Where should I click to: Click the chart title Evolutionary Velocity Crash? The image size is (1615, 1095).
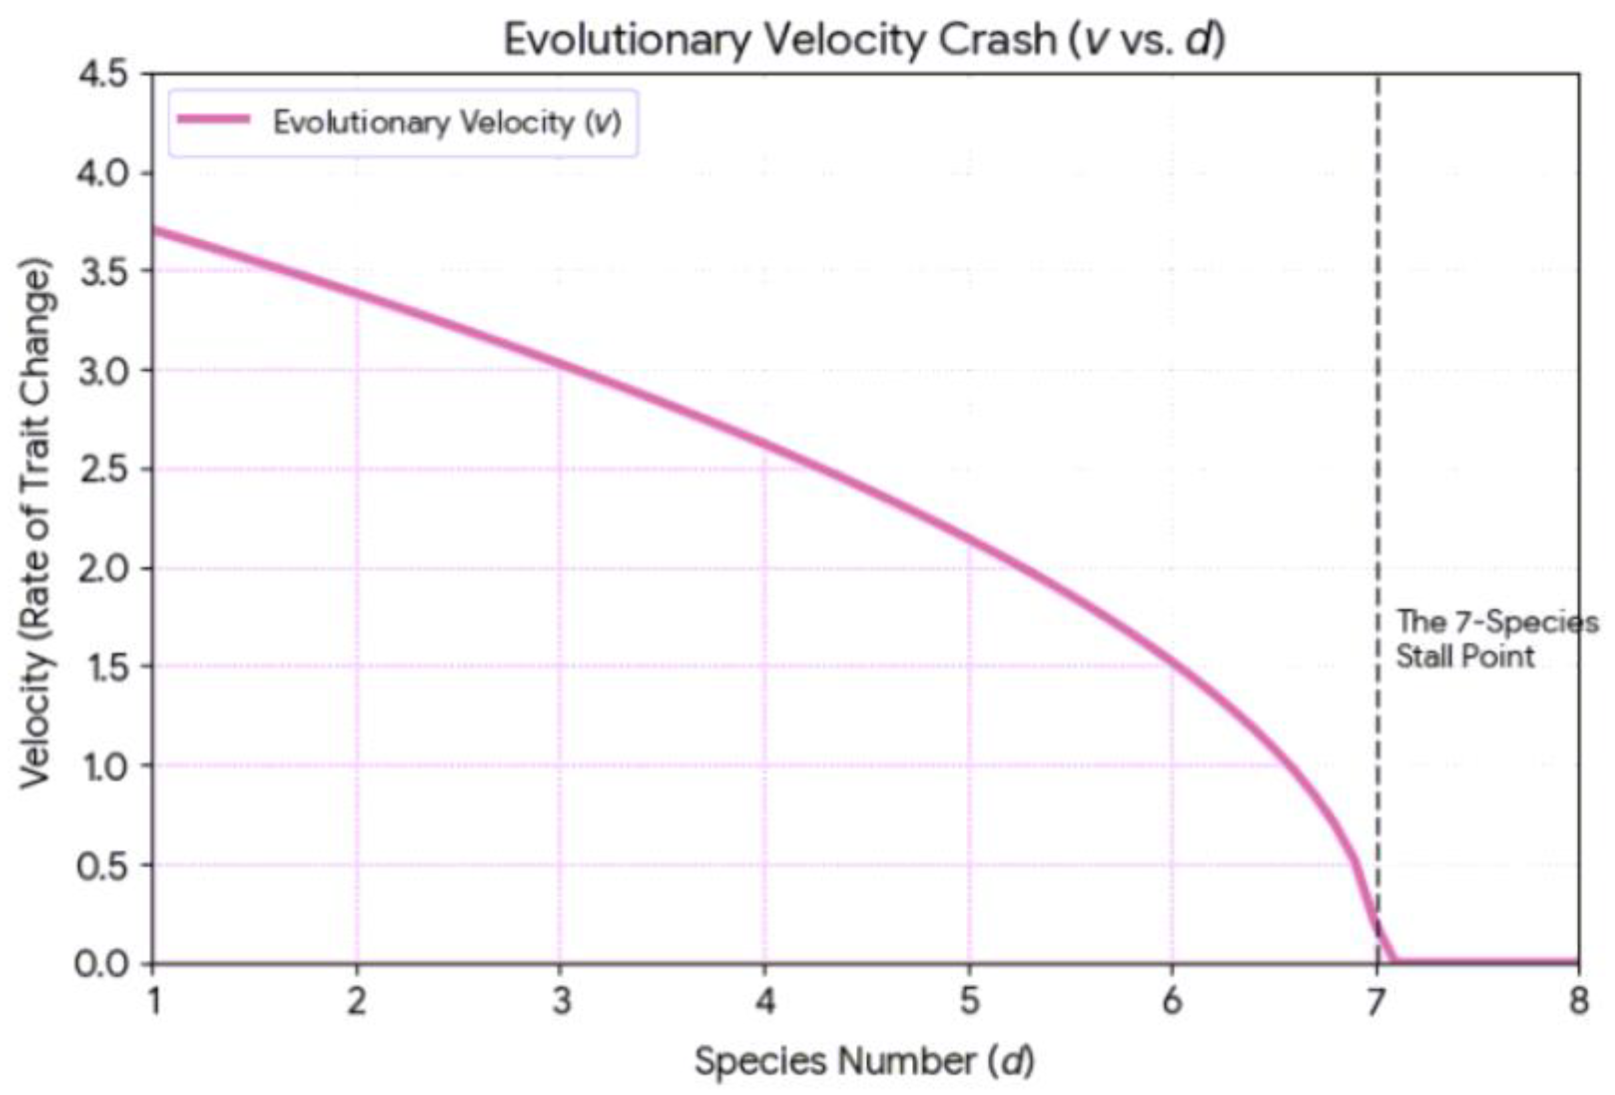tap(778, 41)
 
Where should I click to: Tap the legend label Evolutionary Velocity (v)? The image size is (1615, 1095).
tap(447, 123)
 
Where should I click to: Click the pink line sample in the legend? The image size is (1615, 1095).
tap(214, 120)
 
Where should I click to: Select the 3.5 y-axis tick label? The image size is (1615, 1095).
tap(104, 271)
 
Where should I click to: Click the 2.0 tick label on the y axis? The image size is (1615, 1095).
tap(104, 569)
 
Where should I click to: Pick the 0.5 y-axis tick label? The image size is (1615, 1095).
tap(104, 865)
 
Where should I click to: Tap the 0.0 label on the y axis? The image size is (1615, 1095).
tap(104, 965)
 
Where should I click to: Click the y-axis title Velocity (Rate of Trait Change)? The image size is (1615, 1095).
tap(35, 524)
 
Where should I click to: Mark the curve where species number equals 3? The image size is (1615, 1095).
tap(560, 365)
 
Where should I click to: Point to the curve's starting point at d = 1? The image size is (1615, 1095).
tap(154, 230)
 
